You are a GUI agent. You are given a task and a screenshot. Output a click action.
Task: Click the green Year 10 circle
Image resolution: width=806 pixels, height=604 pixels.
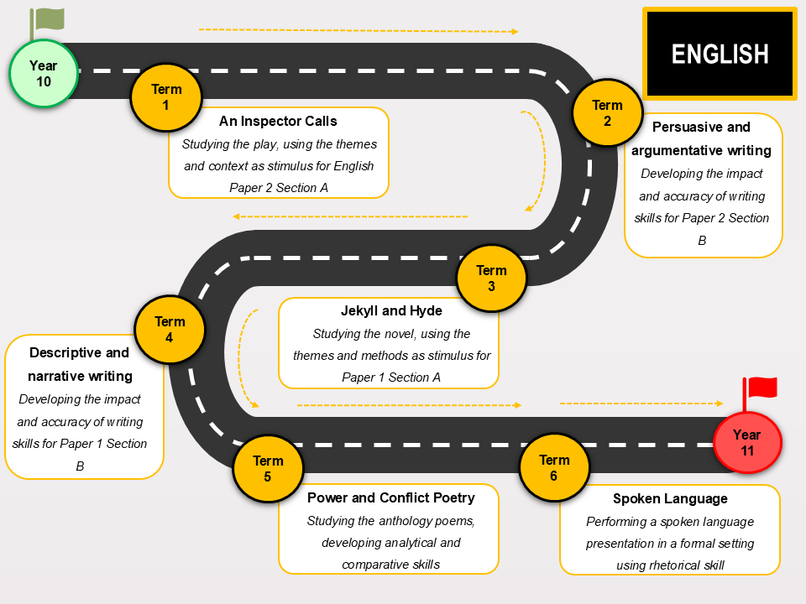44,74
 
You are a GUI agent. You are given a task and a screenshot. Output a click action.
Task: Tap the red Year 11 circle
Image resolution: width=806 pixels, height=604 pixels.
747,442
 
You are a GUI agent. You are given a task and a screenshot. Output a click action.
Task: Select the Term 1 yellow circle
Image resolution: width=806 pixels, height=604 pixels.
166,97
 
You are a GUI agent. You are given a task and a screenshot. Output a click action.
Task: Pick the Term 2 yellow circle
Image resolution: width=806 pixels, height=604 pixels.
607,113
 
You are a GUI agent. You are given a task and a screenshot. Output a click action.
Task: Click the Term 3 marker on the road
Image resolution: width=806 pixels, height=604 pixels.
491,278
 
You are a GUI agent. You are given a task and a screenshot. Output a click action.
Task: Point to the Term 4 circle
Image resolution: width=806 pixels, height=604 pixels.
170,329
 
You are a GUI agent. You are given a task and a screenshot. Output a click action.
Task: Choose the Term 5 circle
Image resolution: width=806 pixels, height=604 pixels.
268,468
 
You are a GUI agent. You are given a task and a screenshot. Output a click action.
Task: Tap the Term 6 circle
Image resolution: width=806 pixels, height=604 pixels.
554,467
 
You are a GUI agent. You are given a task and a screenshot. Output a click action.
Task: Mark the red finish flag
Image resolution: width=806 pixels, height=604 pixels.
760,393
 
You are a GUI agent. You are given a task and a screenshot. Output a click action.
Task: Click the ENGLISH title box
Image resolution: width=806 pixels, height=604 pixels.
720,54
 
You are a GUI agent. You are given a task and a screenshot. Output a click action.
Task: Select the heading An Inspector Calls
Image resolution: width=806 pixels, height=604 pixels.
278,121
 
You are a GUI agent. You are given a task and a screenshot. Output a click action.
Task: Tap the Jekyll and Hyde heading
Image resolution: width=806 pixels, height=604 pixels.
391,310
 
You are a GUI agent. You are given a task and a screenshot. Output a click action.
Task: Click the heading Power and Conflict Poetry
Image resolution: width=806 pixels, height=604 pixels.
390,497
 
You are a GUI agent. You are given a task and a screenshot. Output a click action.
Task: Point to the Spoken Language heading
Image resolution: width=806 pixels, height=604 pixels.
670,498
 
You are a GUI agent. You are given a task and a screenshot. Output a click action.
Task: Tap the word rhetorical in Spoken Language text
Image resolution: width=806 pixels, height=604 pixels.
675,565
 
